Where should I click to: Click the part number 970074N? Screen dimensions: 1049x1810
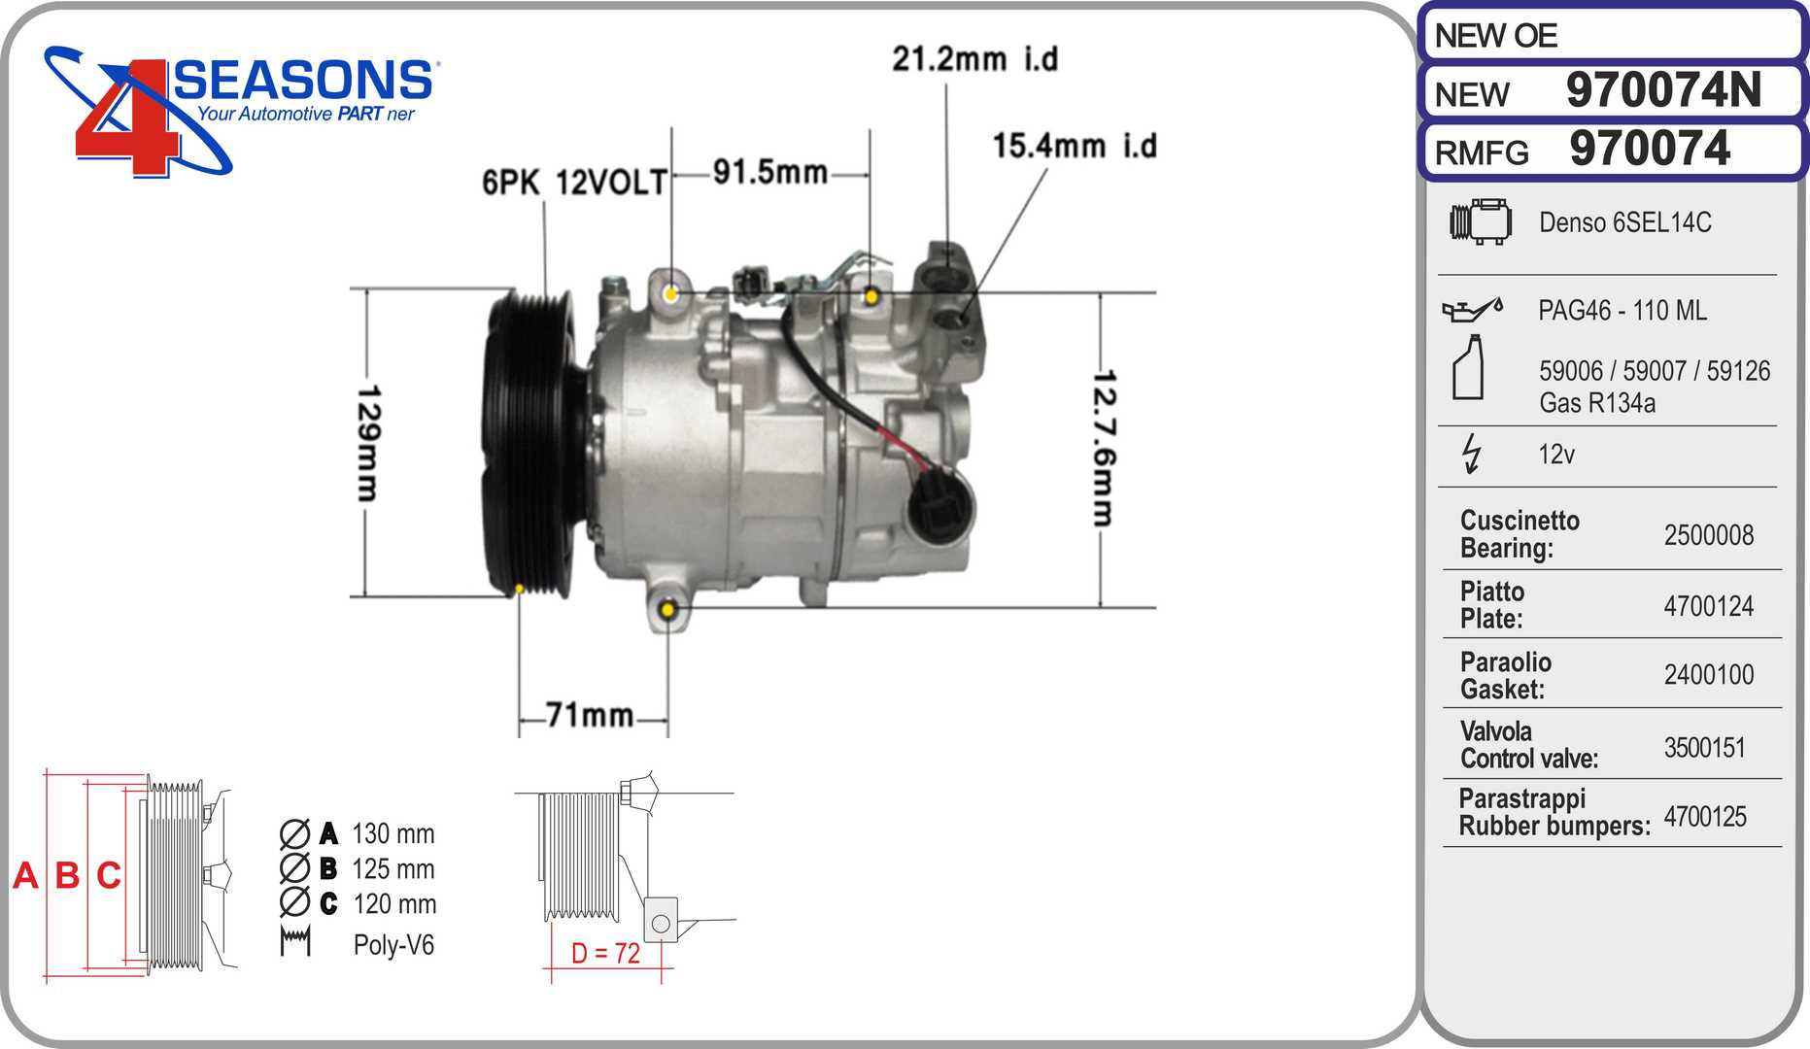point(1662,90)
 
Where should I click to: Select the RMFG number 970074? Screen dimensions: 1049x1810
point(1649,149)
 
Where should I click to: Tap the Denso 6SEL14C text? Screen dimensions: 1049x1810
point(1624,222)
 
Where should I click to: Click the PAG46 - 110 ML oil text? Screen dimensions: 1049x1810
point(1622,311)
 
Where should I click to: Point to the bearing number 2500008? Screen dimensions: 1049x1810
point(1708,535)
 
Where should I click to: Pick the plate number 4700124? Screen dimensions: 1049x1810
point(1708,606)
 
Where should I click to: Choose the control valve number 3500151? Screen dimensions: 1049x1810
point(1704,747)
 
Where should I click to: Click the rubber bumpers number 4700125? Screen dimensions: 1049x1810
point(1704,817)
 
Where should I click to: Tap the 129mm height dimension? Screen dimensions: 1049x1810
point(368,443)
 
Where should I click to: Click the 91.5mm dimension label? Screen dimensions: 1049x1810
point(769,173)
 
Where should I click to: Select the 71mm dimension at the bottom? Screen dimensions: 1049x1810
point(590,715)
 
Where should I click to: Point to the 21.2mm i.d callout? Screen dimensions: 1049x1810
point(974,59)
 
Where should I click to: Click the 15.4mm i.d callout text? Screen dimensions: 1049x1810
point(1074,147)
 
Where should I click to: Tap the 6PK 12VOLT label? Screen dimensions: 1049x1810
point(574,182)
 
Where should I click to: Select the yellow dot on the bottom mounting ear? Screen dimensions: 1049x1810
point(668,610)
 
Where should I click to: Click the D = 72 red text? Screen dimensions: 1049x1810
point(605,954)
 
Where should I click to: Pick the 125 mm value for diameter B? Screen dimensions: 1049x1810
point(393,868)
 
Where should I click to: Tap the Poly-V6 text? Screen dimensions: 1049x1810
point(393,944)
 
